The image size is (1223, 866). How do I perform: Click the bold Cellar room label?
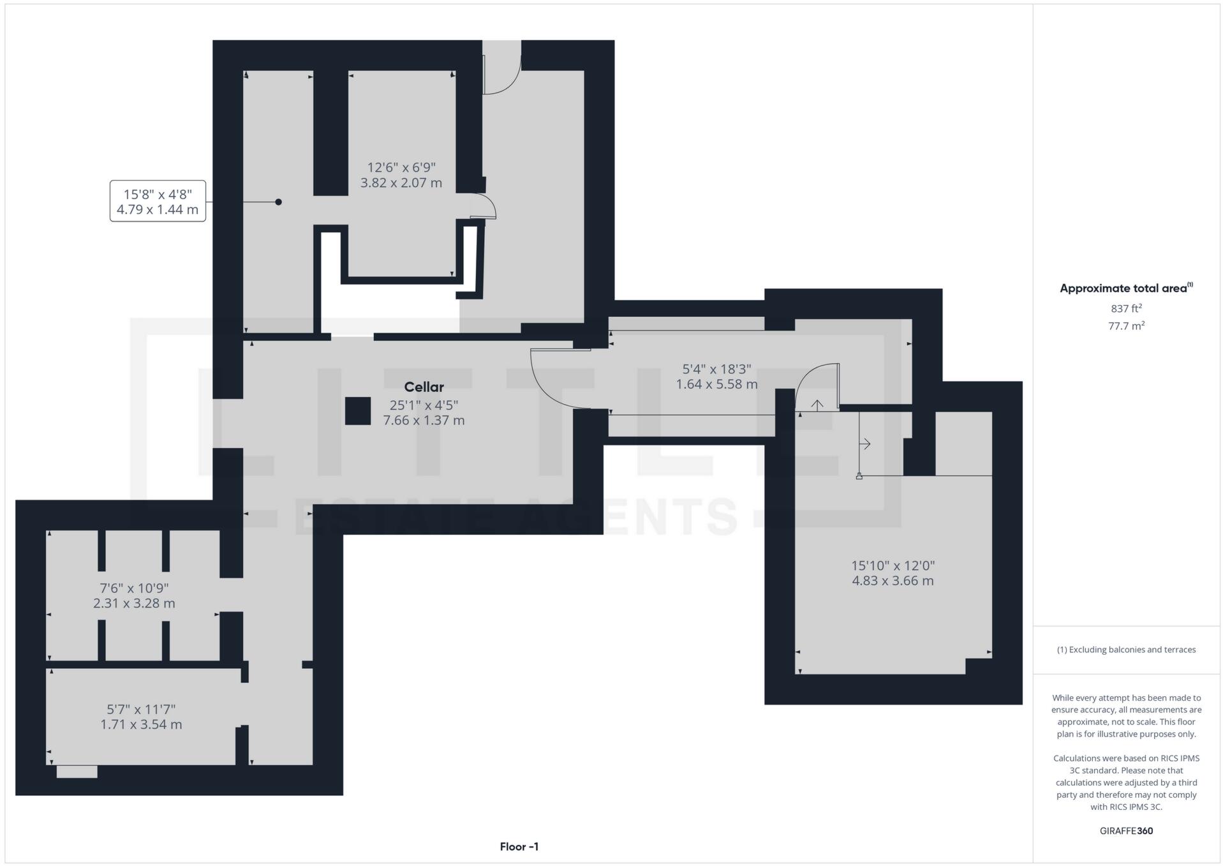click(x=424, y=387)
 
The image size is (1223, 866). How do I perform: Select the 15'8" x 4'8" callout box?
click(x=158, y=201)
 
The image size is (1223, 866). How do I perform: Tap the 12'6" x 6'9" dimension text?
click(x=401, y=175)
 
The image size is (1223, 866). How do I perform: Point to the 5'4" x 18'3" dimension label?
click(x=716, y=377)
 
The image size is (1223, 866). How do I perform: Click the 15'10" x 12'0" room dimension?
click(x=893, y=573)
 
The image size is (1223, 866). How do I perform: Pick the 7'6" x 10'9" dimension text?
click(x=134, y=595)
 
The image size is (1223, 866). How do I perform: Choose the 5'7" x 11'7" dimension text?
click(x=141, y=717)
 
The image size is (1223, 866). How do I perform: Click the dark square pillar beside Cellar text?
click(x=358, y=411)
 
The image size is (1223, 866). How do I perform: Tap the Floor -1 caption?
click(x=519, y=847)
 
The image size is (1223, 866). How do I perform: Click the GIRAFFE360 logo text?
click(x=1126, y=831)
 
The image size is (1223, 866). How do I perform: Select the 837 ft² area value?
click(x=1126, y=308)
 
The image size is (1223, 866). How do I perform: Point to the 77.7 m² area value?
click(x=1126, y=325)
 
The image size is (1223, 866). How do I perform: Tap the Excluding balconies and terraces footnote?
click(x=1126, y=650)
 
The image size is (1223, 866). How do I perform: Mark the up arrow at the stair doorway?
click(x=817, y=405)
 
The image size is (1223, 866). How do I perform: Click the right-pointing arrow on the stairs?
click(x=865, y=444)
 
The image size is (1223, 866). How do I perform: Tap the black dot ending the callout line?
click(x=278, y=202)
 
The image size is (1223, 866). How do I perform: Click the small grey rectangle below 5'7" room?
click(x=77, y=772)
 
